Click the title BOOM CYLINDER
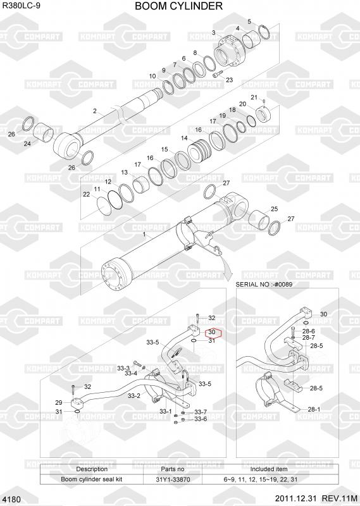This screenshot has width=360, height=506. click(x=178, y=6)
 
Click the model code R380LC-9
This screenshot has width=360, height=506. click(x=22, y=6)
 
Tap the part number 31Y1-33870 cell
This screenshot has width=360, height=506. click(x=173, y=479)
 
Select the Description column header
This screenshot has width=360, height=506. click(x=92, y=469)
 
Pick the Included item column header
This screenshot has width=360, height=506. click(x=269, y=469)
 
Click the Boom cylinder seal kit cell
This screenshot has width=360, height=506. click(x=92, y=479)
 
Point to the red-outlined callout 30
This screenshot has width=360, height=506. click(x=212, y=332)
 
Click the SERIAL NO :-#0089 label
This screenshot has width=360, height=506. click(x=264, y=284)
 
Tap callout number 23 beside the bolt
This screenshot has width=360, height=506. click(x=229, y=80)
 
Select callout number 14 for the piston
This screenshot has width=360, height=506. click(x=184, y=138)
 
